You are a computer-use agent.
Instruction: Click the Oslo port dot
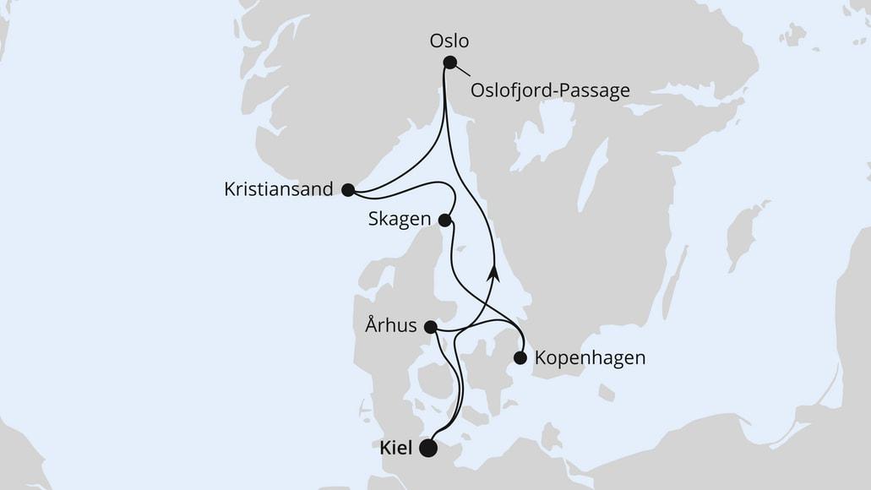(449, 62)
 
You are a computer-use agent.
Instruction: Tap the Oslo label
(449, 41)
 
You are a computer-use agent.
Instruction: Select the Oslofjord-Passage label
(551, 90)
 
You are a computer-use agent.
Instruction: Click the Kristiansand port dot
(347, 190)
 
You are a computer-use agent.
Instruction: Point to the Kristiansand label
(278, 189)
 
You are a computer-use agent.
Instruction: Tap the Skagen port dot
(445, 220)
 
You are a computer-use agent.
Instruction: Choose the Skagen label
(400, 220)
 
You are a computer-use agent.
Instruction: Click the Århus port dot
(430, 327)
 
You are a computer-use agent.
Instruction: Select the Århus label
(390, 326)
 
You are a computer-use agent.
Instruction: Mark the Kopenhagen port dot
(520, 358)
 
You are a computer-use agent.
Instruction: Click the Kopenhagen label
(590, 358)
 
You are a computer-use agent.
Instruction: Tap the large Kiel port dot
(429, 449)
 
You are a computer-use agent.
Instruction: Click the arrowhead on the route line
(493, 273)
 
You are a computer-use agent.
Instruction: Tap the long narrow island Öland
(673, 283)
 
